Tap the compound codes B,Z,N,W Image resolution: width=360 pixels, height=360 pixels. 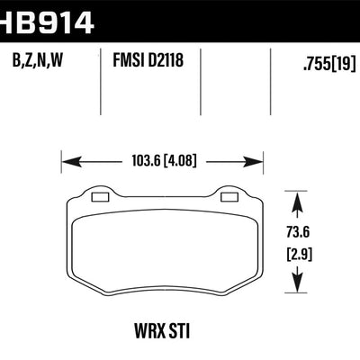click(40, 64)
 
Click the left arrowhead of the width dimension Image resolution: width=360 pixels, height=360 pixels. click(66, 164)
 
